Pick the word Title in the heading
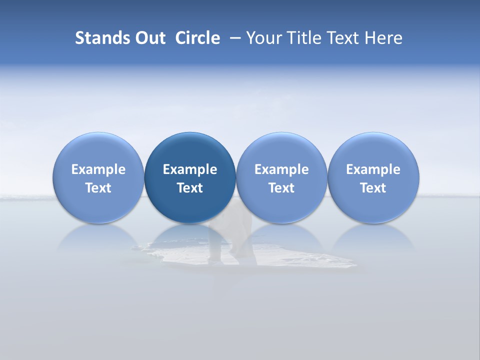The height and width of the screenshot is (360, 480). coord(301,38)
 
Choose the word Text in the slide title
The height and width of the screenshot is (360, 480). coord(342,38)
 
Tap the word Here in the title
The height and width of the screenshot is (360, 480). coord(384,38)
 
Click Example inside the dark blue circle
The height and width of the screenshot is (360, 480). coord(190,169)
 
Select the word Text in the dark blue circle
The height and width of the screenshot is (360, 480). coord(190,188)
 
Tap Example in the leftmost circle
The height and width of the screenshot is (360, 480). coord(98,169)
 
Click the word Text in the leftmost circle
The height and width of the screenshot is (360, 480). coord(98,188)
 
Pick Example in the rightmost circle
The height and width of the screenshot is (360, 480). coord(373,169)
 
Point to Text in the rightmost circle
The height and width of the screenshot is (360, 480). coord(373,188)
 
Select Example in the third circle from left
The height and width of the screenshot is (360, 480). coord(281,169)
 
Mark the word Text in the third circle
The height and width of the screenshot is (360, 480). coord(281,188)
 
